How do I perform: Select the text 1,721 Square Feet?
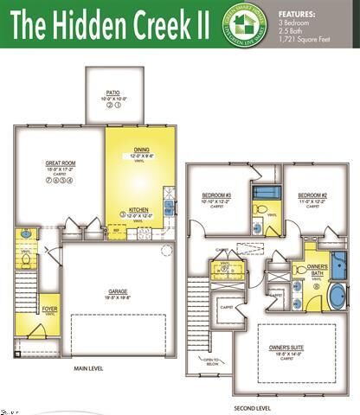tap(305, 40)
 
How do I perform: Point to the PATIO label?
tap(112, 92)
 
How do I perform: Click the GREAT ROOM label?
tap(60, 163)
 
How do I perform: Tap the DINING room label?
tap(139, 150)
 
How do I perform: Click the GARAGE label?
tap(118, 290)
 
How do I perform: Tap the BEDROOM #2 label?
tap(312, 195)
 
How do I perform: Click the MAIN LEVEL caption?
tap(89, 368)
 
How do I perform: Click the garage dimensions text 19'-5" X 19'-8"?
tap(118, 297)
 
